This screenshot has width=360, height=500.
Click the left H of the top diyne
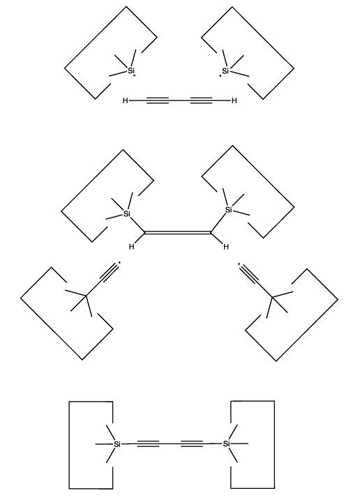[125, 100]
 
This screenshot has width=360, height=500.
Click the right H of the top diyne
[234, 100]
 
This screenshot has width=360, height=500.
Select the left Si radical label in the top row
[131, 70]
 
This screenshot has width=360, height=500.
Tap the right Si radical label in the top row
[226, 71]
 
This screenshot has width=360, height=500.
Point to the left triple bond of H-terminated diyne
[158, 100]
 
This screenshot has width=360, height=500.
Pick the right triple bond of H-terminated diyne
[201, 100]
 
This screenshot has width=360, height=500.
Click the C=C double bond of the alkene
[178, 233]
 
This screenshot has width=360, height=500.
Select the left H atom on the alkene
[131, 247]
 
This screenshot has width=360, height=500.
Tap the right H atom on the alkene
[226, 247]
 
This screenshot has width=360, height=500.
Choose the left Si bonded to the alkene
[127, 213]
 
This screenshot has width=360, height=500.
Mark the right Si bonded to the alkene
[229, 210]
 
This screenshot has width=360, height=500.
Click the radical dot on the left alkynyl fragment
[119, 263]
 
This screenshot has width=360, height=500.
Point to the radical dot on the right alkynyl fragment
[239, 264]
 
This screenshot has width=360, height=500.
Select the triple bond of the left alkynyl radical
[109, 273]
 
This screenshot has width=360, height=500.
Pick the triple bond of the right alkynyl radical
[249, 274]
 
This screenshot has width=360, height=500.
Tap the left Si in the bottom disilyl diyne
[117, 444]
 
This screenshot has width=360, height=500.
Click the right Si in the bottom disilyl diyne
[226, 444]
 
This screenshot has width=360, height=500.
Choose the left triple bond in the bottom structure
[149, 444]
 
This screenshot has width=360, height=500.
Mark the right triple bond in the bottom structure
[192, 444]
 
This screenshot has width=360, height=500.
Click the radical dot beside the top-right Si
[220, 76]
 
